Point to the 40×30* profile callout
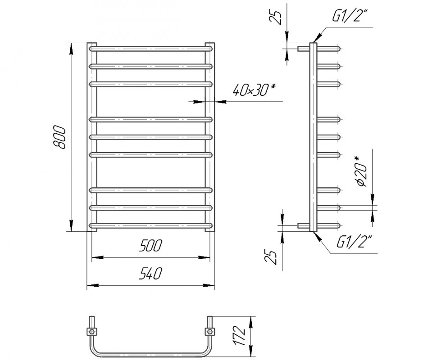click(x=254, y=91)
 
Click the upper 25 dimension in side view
click(x=279, y=16)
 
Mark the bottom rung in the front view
click(x=151, y=225)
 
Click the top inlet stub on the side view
click(x=303, y=47)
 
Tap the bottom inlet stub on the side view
click(x=303, y=225)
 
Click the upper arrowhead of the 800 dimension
click(x=71, y=47)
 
